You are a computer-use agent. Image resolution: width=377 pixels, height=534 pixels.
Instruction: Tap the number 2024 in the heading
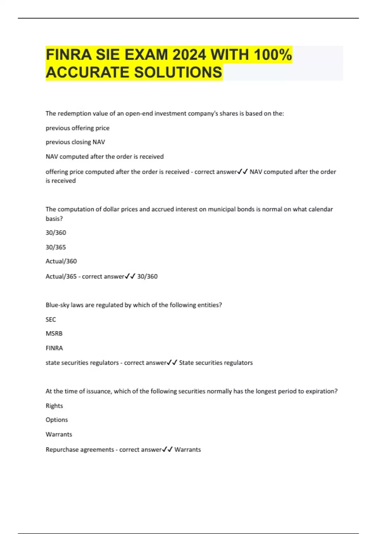point(189,55)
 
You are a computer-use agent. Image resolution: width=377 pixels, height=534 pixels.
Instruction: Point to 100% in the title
point(273,55)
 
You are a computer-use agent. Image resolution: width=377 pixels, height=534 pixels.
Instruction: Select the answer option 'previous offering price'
point(78,128)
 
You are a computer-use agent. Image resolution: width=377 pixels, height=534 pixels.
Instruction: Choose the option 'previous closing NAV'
point(75,142)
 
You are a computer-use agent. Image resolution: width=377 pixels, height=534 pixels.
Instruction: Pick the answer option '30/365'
point(56,247)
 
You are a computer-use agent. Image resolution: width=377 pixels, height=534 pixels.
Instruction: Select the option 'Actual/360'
point(61,261)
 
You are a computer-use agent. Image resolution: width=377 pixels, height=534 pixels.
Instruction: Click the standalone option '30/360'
point(56,233)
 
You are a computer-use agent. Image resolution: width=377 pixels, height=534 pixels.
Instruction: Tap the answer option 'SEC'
point(51,319)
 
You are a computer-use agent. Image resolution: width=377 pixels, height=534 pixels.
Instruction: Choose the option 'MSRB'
point(54,334)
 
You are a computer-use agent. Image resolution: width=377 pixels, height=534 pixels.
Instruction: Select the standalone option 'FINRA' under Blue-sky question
point(54,348)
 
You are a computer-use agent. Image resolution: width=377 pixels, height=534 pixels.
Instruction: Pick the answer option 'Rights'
point(54,406)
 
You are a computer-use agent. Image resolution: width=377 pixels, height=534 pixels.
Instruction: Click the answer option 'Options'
point(57,420)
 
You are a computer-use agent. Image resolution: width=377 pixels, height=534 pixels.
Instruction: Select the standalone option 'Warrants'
point(59,434)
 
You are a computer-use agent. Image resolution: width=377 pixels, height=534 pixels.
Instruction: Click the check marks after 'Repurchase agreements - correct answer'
point(167,450)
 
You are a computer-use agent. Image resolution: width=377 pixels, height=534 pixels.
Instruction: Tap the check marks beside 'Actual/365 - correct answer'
point(130,276)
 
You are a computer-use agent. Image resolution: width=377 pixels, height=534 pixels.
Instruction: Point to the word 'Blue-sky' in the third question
point(57,305)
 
